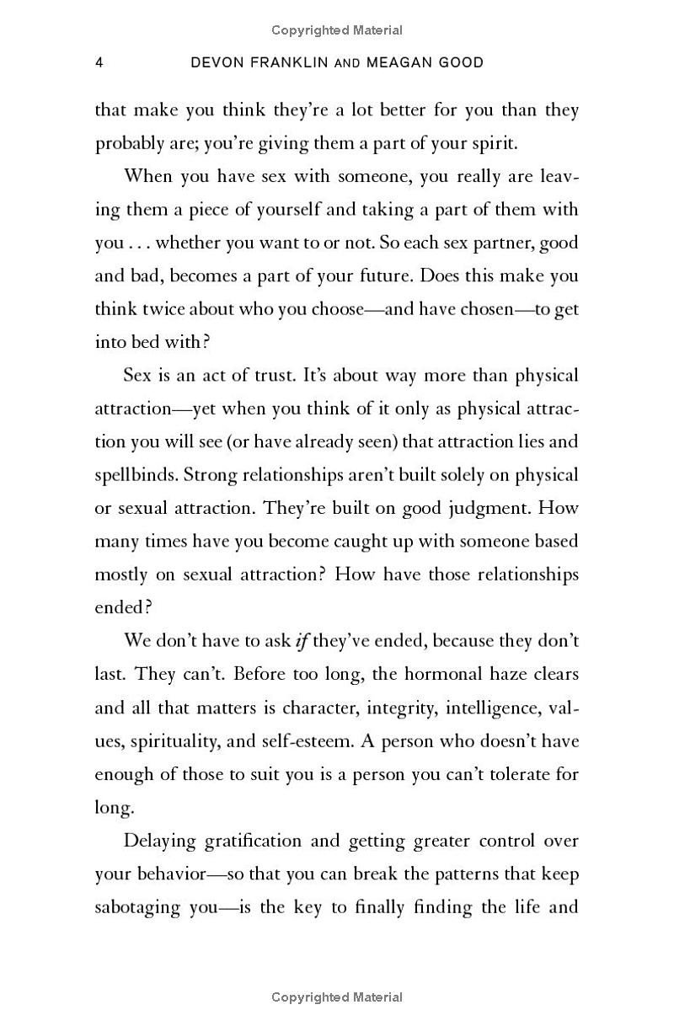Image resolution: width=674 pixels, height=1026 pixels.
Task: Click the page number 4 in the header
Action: pos(99,63)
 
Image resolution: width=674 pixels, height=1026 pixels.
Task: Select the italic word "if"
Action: pos(298,641)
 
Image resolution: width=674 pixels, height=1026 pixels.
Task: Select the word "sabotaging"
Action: pos(138,907)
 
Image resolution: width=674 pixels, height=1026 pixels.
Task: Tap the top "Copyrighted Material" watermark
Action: pos(337,30)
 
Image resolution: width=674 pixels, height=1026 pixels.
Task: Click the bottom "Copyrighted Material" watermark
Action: pos(337,998)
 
